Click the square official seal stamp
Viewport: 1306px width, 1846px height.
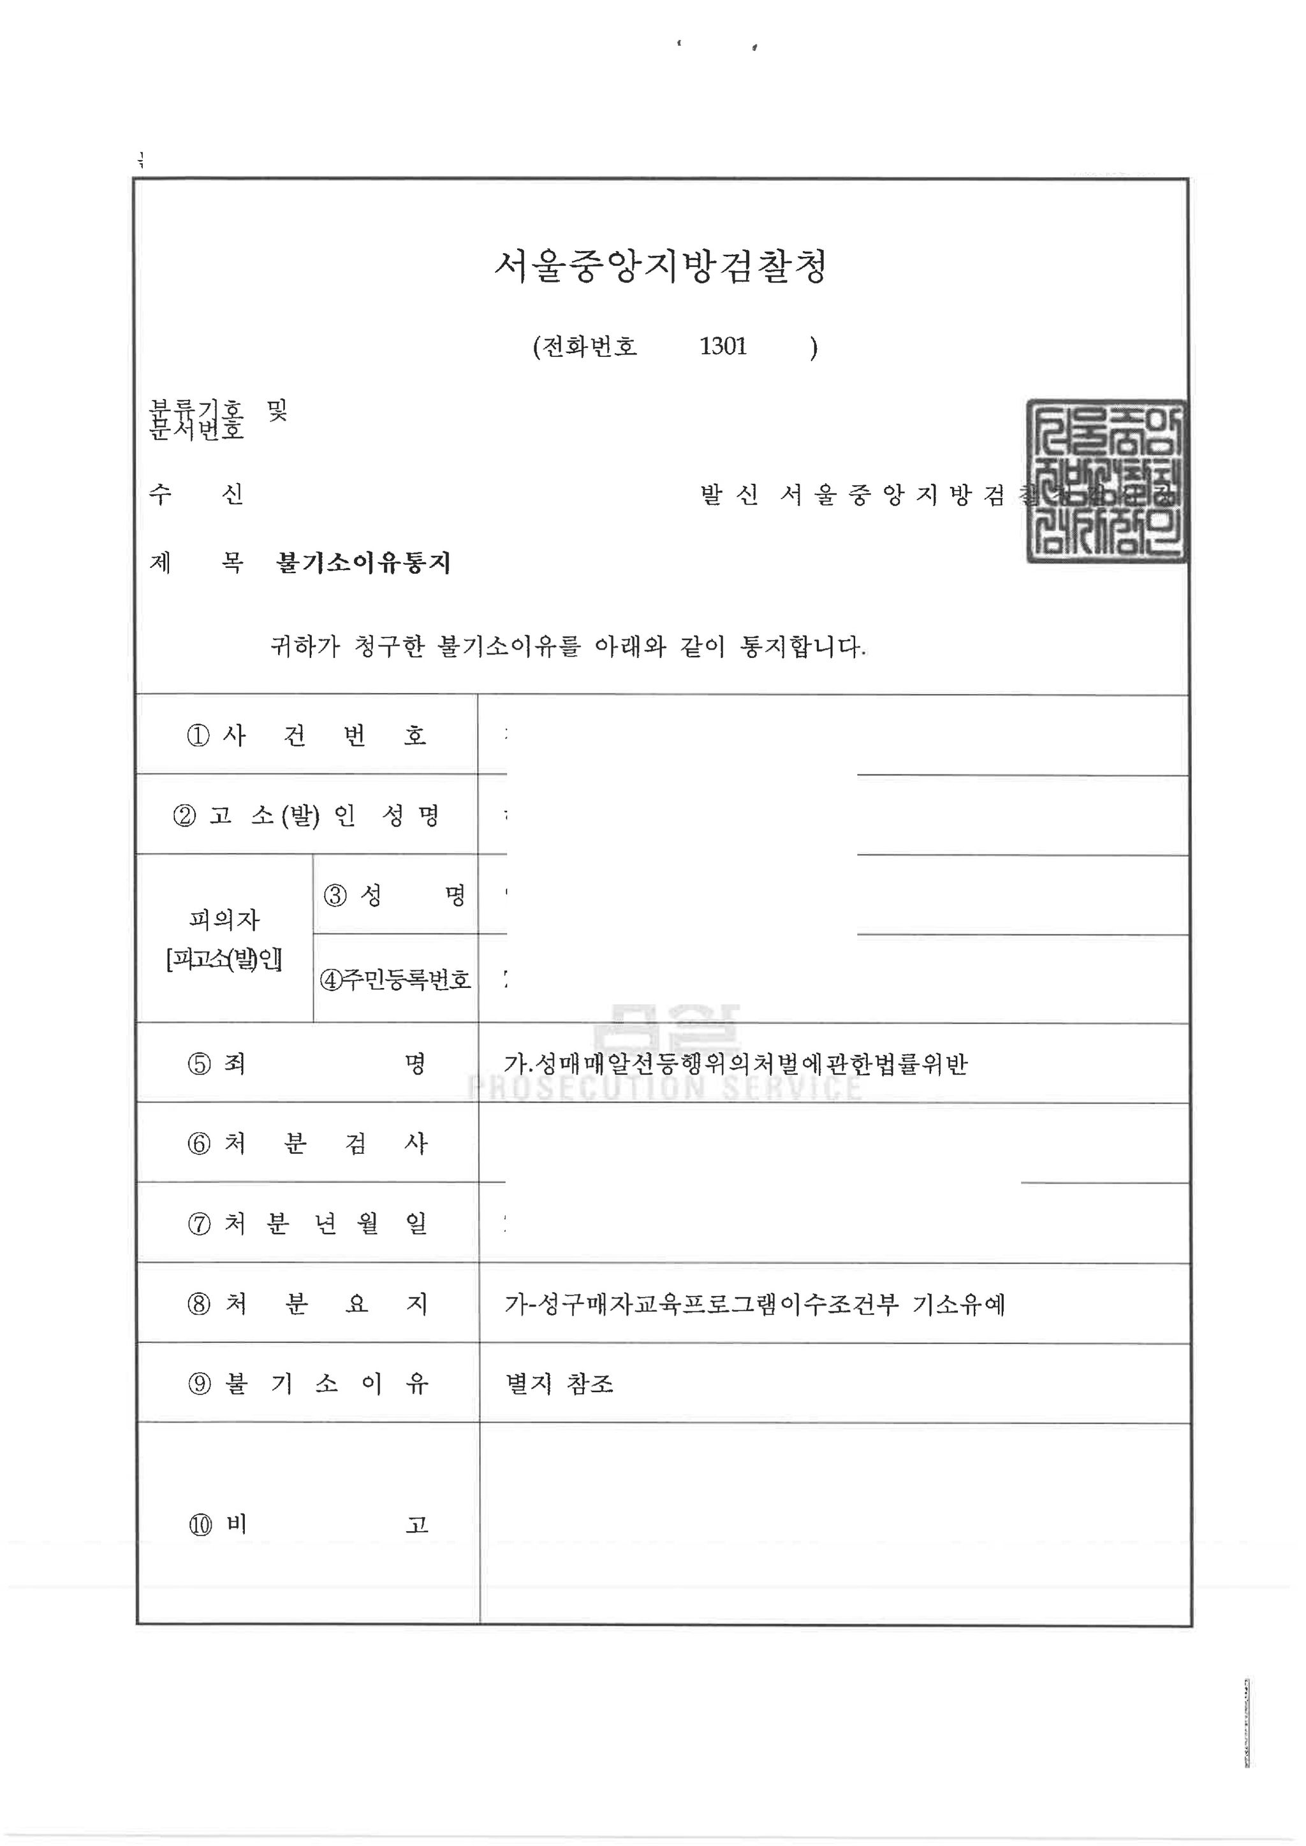1106,481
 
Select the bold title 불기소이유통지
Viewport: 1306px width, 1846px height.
363,562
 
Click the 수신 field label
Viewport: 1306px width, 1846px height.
195,493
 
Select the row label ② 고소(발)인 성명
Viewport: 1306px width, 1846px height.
306,815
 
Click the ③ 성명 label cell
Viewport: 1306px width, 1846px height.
395,895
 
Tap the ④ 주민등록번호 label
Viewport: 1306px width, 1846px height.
395,979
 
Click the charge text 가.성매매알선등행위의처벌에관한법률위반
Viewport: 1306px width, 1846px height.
735,1064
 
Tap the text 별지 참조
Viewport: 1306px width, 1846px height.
559,1383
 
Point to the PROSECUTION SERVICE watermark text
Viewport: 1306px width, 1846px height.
664,1089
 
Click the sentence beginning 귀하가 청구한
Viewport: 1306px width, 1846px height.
568,646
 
